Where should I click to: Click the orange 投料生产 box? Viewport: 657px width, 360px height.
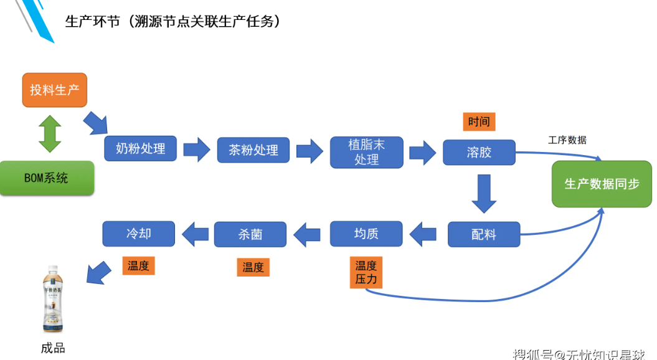pyautogui.click(x=54, y=90)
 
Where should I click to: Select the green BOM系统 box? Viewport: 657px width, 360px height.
pyautogui.click(x=47, y=178)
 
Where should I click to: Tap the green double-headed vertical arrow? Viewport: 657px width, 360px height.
pyautogui.click(x=50, y=133)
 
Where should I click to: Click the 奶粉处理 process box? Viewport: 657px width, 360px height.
pyautogui.click(x=141, y=149)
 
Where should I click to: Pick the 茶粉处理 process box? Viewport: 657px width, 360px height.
pyautogui.click(x=253, y=150)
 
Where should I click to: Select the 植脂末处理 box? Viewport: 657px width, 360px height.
pyautogui.click(x=366, y=152)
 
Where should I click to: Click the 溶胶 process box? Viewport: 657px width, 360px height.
pyautogui.click(x=479, y=152)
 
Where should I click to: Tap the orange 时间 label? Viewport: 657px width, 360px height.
pyautogui.click(x=479, y=121)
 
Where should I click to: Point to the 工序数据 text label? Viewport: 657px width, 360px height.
pyautogui.click(x=567, y=140)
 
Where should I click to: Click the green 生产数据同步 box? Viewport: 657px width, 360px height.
pyautogui.click(x=602, y=184)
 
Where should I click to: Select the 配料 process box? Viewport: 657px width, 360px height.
pyautogui.click(x=483, y=235)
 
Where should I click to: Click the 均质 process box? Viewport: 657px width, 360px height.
pyautogui.click(x=366, y=234)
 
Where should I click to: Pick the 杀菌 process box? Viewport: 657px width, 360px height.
pyautogui.click(x=250, y=235)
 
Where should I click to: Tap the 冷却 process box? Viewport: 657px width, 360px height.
pyautogui.click(x=138, y=234)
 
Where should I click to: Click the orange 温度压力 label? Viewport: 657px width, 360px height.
pyautogui.click(x=366, y=273)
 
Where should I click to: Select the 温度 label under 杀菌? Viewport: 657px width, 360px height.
pyautogui.click(x=253, y=267)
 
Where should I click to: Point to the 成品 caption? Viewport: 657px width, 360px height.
pyautogui.click(x=53, y=348)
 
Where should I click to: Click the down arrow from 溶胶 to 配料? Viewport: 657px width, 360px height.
pyautogui.click(x=483, y=193)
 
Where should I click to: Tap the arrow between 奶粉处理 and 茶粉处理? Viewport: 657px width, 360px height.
pyautogui.click(x=197, y=149)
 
